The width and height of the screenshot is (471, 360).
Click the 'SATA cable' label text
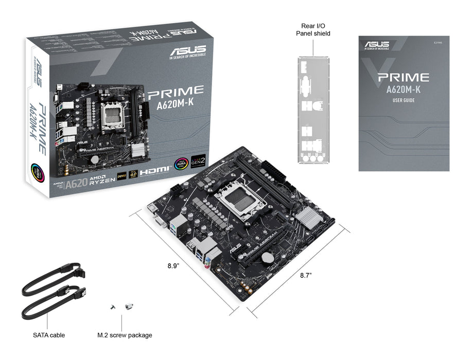49,335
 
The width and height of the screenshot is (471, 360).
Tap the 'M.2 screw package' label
125,335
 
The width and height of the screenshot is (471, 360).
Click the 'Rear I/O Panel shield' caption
313,29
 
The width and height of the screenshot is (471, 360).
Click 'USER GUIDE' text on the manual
403,100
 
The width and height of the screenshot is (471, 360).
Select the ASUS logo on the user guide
377,45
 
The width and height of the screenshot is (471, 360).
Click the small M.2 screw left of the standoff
112,307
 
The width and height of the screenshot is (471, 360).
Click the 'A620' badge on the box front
76,184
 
